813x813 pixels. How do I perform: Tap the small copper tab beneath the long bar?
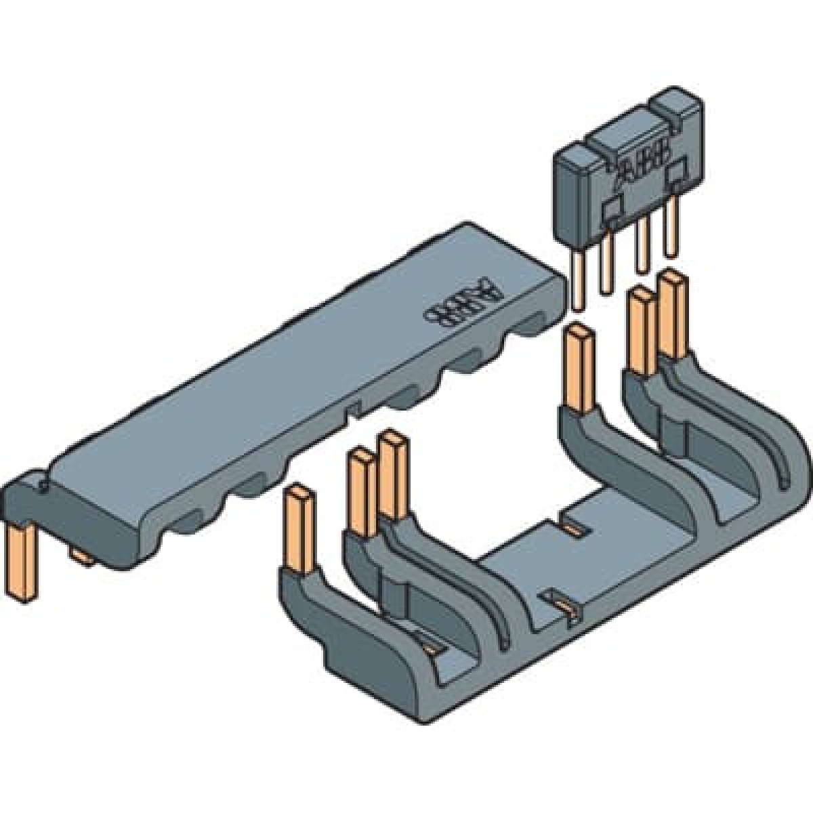(x=82, y=557)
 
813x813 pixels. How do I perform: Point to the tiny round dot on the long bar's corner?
(x=44, y=484)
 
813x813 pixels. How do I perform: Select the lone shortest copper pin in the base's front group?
(x=297, y=528)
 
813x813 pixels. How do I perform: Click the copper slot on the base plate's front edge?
(x=562, y=603)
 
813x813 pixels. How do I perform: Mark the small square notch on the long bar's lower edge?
(x=351, y=409)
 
